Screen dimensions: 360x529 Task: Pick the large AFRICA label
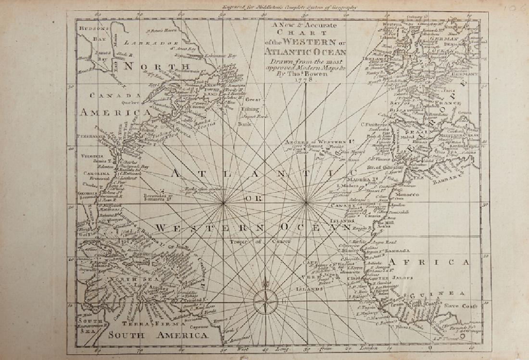(x=429, y=262)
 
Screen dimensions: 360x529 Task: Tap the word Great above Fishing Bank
(x=252, y=101)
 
